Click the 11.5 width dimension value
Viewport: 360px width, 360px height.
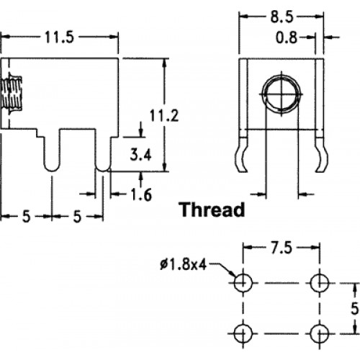coord(60,37)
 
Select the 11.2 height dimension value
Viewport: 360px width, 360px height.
coord(164,115)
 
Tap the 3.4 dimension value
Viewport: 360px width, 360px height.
coord(140,155)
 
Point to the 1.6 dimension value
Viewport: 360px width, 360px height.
coord(141,194)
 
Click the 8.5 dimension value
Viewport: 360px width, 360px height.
coord(282,17)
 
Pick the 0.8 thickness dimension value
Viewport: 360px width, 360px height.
coord(287,37)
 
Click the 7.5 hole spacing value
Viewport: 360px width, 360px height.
coord(282,248)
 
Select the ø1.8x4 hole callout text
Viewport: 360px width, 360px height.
coord(183,265)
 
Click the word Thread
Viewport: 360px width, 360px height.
coord(212,210)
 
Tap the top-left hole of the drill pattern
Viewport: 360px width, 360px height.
coord(243,283)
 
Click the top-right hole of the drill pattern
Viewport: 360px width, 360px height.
coord(320,283)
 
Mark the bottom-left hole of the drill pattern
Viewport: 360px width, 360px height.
coord(243,333)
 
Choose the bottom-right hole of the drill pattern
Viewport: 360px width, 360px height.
coord(320,333)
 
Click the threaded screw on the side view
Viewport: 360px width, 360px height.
coord(11,94)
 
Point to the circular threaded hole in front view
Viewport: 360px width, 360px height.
coord(282,94)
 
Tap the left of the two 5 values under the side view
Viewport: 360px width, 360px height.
coord(27,216)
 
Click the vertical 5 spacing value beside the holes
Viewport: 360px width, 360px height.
coord(355,308)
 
